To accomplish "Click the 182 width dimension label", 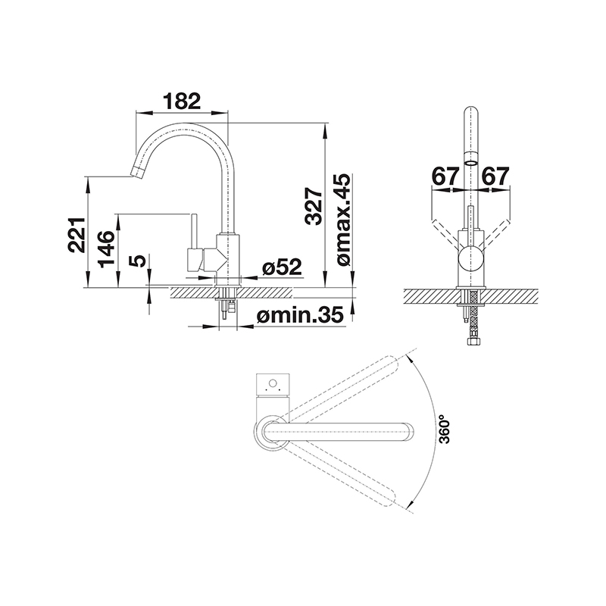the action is [x=182, y=102].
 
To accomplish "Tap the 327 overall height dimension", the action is [x=313, y=206].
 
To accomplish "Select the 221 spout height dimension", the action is [x=77, y=235].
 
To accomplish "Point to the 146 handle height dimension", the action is [x=106, y=249].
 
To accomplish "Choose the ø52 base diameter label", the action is [x=281, y=267].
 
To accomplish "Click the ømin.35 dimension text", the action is [x=300, y=315].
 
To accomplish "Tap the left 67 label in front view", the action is [x=445, y=176].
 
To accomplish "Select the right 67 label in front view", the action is [x=496, y=176].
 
